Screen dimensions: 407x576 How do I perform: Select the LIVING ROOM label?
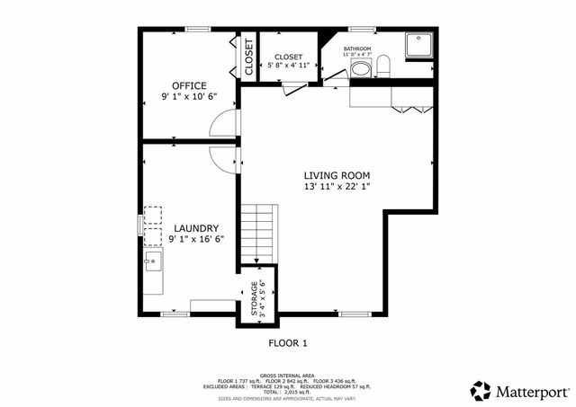[x=337, y=175]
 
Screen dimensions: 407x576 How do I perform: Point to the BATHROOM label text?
[x=356, y=48]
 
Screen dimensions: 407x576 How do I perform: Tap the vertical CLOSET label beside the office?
[x=249, y=57]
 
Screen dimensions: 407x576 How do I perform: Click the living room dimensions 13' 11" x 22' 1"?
[x=337, y=186]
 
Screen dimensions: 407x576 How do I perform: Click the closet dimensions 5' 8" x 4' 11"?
[x=288, y=66]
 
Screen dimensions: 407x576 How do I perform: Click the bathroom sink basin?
[x=360, y=69]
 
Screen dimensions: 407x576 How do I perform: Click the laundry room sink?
[x=153, y=261]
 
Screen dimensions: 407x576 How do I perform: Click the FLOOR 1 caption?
[x=288, y=342]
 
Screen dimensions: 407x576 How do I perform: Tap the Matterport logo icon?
[x=481, y=391]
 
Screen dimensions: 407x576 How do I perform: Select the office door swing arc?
[x=222, y=126]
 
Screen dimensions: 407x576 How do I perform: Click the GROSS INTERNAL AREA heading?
[x=287, y=375]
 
